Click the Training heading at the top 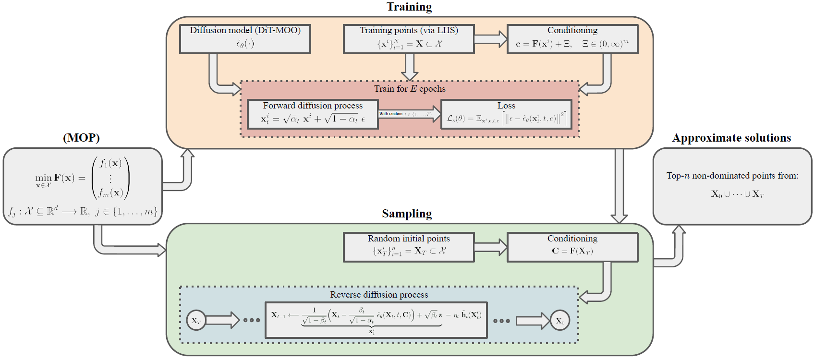click(x=409, y=7)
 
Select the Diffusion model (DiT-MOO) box click(x=245, y=39)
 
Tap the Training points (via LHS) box click(x=409, y=39)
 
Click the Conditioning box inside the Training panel click(x=572, y=39)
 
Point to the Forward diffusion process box click(x=313, y=114)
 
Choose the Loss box click(x=506, y=114)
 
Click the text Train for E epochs click(x=410, y=89)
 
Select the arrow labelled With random click(x=410, y=114)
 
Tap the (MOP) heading click(x=81, y=138)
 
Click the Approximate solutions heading click(x=731, y=138)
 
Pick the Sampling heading click(x=407, y=214)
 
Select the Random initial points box click(x=409, y=247)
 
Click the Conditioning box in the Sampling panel click(x=572, y=247)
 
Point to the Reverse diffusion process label click(x=379, y=295)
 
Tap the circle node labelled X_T click(x=196, y=321)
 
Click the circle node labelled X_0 click(x=560, y=321)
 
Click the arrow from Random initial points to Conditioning click(x=491, y=247)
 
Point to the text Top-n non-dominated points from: click(x=732, y=176)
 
